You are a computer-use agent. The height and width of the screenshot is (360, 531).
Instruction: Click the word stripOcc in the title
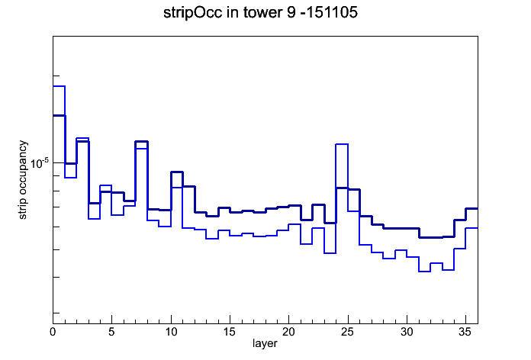click(193, 13)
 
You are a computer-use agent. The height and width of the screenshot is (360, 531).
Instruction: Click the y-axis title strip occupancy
click(23, 180)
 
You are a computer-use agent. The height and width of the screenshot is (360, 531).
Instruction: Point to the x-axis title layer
click(265, 343)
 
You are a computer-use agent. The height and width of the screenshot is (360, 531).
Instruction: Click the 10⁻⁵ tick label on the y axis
click(40, 163)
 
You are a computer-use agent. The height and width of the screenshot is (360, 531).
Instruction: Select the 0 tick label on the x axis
click(53, 332)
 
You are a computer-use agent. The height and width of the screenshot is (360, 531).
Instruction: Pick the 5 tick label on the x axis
click(111, 332)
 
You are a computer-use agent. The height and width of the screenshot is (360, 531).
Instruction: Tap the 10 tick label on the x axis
click(171, 332)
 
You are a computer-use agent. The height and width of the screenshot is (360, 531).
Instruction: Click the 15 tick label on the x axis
click(230, 332)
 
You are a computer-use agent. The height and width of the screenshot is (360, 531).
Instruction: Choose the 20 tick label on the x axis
click(288, 332)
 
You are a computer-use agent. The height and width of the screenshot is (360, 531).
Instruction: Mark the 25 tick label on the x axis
click(347, 332)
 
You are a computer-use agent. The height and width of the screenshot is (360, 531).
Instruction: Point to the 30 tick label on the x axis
click(407, 332)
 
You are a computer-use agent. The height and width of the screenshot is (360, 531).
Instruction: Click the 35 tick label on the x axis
click(465, 332)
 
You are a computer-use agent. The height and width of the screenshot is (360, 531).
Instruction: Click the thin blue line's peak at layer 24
click(342, 144)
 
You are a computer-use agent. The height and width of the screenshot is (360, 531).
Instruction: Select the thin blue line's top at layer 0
click(59, 86)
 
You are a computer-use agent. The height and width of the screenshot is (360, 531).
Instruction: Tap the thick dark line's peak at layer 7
click(142, 141)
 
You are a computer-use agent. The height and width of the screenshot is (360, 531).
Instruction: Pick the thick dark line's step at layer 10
click(177, 172)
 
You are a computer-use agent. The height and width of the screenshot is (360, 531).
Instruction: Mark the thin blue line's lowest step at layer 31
click(424, 272)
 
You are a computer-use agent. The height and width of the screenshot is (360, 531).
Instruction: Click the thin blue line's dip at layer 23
click(330, 253)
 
